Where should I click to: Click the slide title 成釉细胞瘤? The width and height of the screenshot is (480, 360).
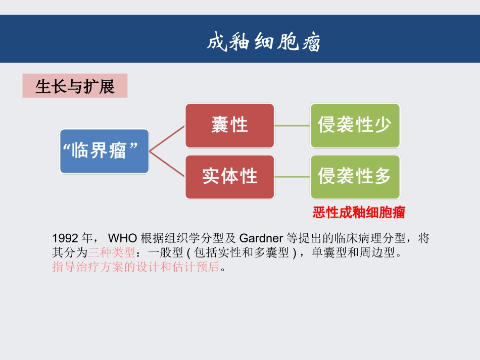pos(263,42)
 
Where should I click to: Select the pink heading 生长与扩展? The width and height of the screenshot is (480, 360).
pos(75,86)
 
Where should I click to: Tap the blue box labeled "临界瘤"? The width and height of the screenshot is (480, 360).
pos(105,151)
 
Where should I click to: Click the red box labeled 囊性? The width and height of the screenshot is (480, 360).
pos(230,125)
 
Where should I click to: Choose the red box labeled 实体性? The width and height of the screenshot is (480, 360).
pos(230,176)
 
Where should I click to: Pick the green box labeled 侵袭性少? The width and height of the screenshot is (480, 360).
pos(355,125)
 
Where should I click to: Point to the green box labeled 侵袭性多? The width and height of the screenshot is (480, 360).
pos(355,176)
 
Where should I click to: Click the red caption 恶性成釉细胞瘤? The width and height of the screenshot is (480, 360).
pos(359,213)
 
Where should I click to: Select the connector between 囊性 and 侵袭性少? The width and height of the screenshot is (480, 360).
pos(292,126)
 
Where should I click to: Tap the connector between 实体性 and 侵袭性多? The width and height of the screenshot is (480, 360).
pos(292,177)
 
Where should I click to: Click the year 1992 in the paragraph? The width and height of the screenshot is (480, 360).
pos(65,238)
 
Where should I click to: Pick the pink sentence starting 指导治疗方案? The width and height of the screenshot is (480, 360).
pos(136,267)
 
